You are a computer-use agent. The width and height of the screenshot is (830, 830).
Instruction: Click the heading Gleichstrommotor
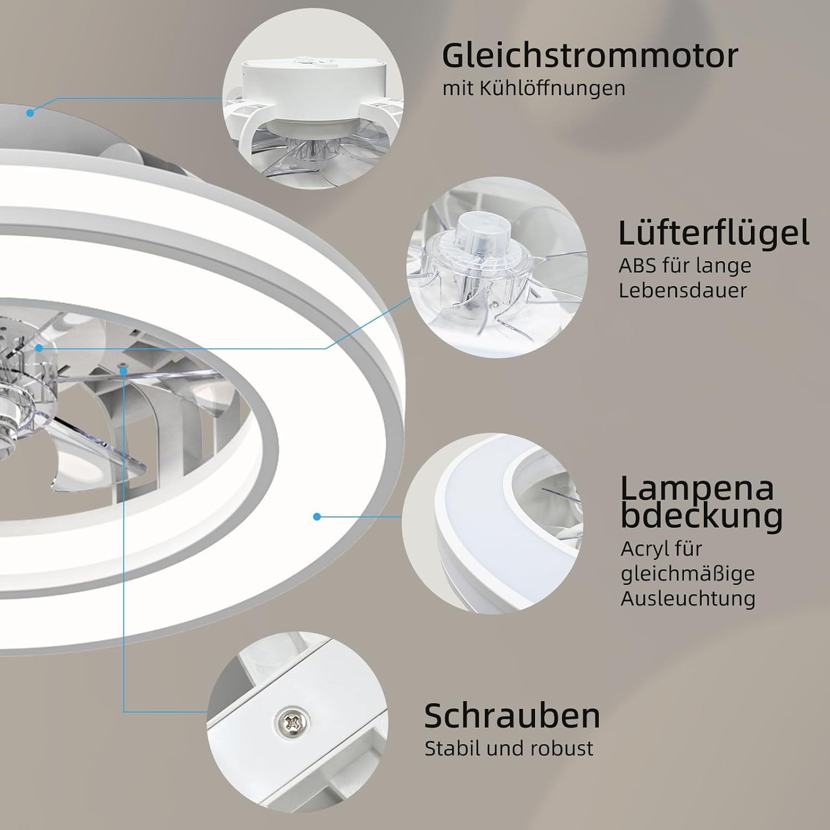pyautogui.click(x=590, y=55)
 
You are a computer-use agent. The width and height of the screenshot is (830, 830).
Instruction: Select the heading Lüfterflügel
pyautogui.click(x=714, y=233)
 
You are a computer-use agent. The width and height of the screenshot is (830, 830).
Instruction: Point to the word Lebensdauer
pyautogui.click(x=683, y=290)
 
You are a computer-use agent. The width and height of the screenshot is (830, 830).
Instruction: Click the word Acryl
pyautogui.click(x=646, y=549)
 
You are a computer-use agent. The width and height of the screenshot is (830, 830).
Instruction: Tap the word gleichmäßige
pyautogui.click(x=688, y=574)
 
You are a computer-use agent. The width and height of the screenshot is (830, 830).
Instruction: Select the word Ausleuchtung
pyautogui.click(x=688, y=598)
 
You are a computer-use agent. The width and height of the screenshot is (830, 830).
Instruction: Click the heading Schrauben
pyautogui.click(x=512, y=716)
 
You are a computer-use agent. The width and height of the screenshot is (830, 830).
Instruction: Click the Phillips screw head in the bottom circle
pyautogui.click(x=293, y=721)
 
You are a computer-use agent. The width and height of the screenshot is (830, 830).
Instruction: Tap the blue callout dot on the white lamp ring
pyautogui.click(x=317, y=516)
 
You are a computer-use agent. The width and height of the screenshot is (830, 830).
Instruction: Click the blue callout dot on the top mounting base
pyautogui.click(x=30, y=113)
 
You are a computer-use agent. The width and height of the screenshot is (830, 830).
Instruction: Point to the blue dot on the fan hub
pyautogui.click(x=39, y=348)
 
